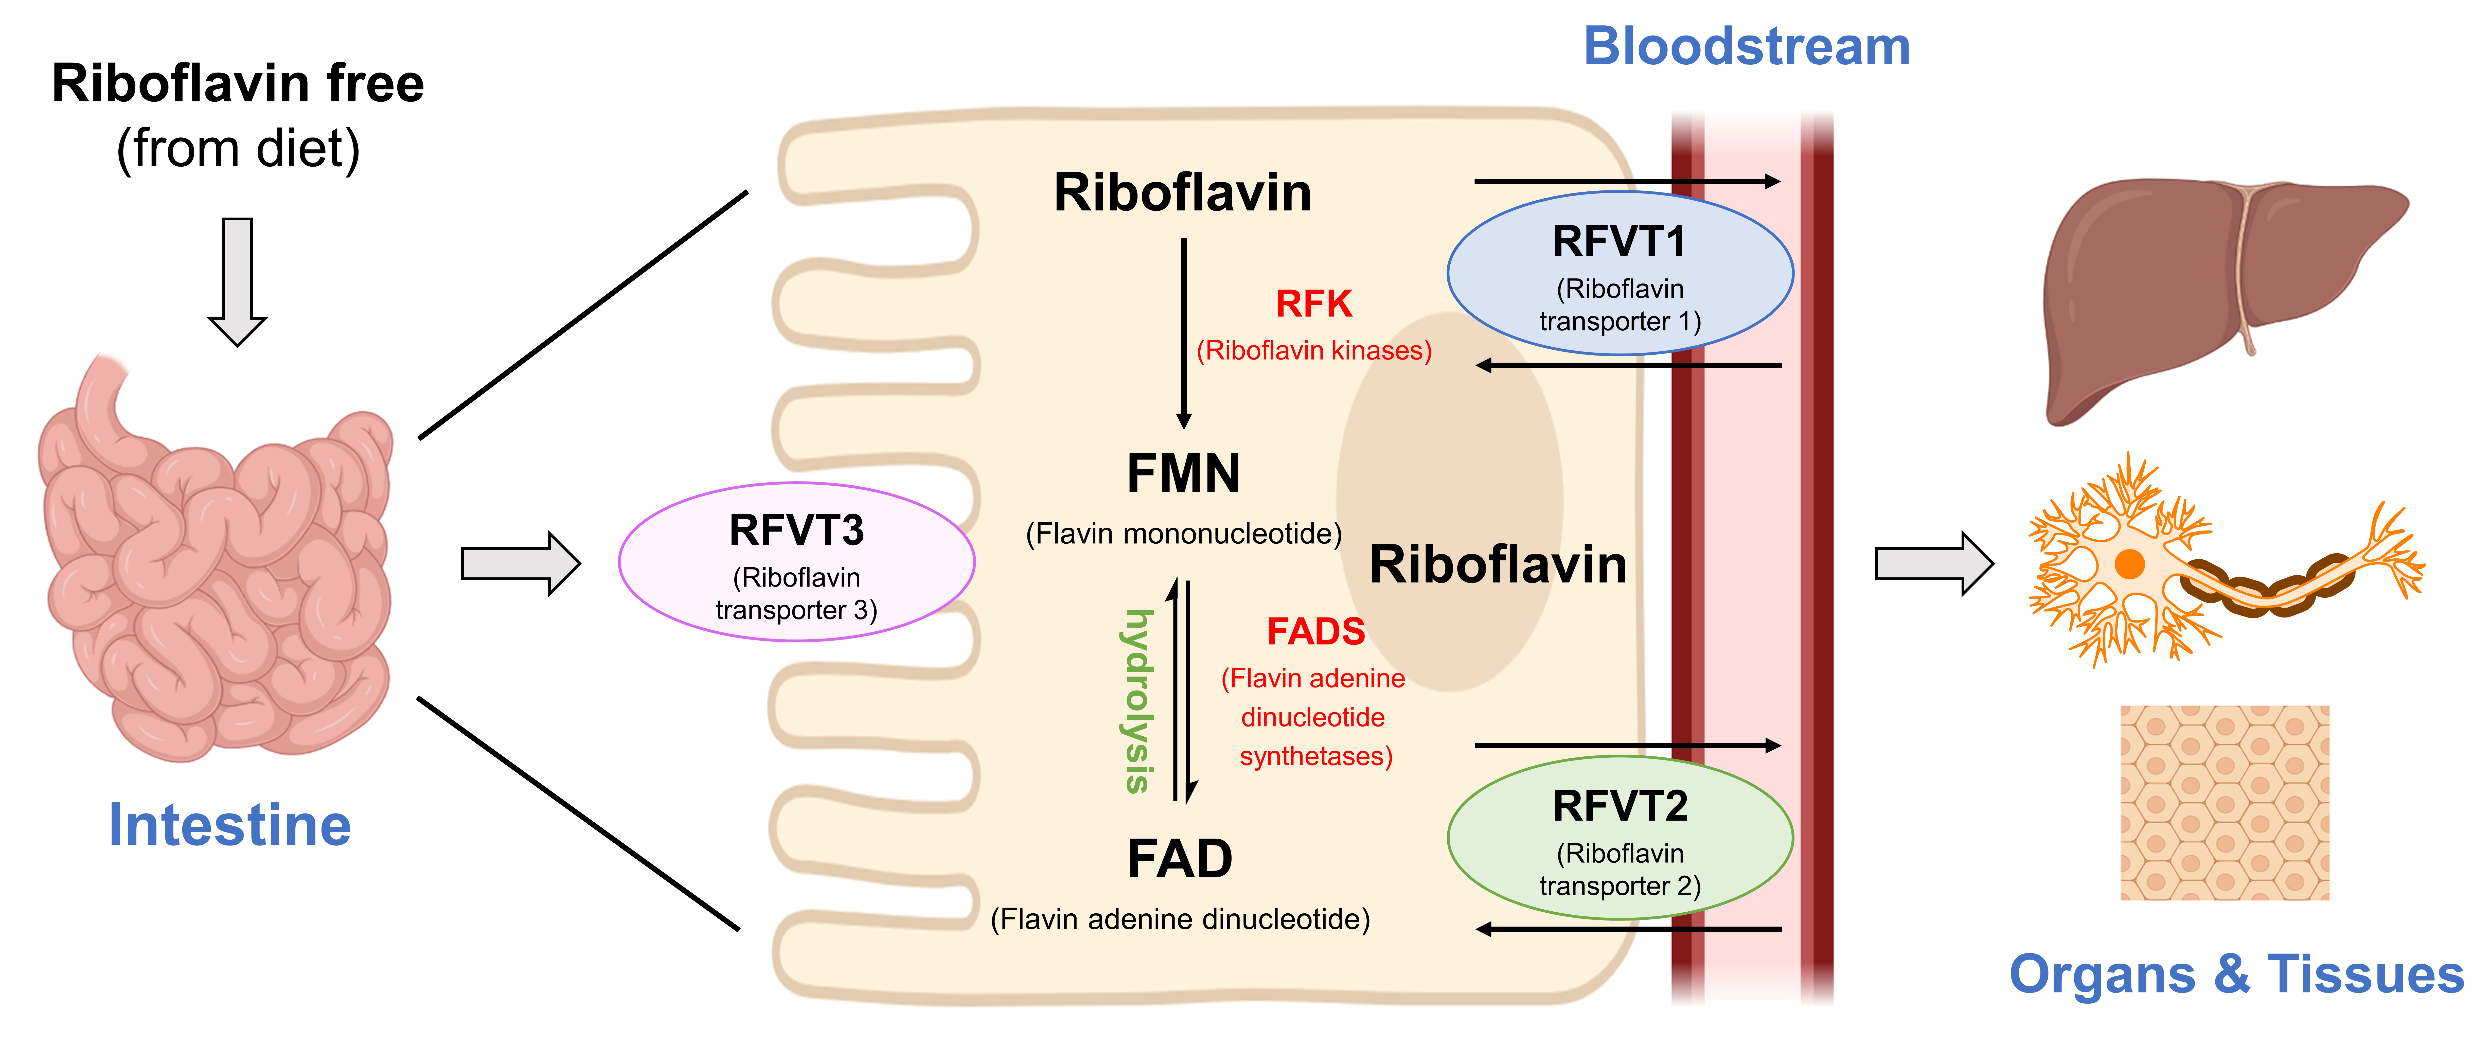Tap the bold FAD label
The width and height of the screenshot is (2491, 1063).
(x=1180, y=859)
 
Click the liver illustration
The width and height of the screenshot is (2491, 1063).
(x=2214, y=290)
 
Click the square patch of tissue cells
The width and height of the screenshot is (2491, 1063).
(x=2224, y=803)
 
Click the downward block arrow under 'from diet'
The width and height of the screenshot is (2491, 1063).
(x=237, y=280)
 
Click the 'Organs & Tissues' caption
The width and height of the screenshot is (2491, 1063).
(x=2236, y=974)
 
